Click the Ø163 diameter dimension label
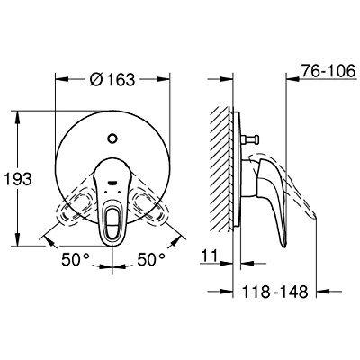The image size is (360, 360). point(112,79)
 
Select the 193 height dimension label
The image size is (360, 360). point(18,179)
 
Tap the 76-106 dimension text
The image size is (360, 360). point(328,71)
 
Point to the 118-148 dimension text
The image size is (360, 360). point(274,292)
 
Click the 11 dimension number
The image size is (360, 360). point(210,256)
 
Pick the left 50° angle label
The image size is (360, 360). point(76,259)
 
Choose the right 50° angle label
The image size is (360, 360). point(151,259)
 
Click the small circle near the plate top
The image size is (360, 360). point(112,139)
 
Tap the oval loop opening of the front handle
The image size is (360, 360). point(112,221)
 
